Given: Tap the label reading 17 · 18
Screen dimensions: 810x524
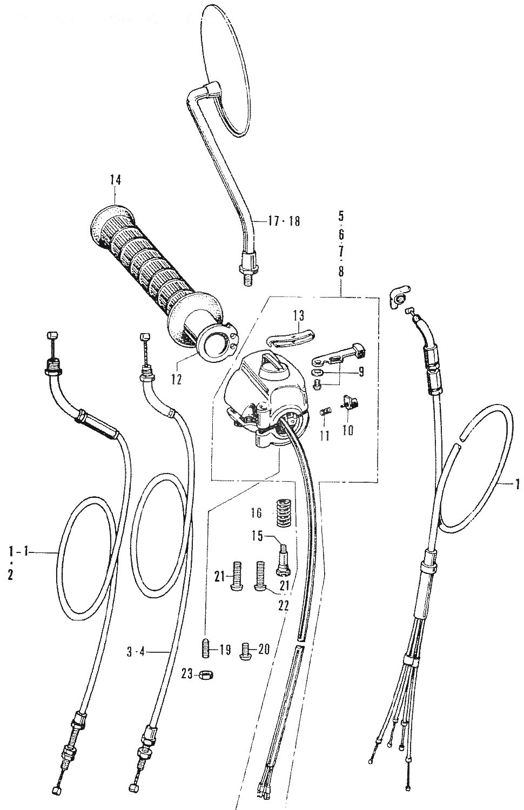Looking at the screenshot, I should [285, 221].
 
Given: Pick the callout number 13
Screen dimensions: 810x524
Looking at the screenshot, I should [299, 315].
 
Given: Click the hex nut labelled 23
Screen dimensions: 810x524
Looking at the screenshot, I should [205, 674].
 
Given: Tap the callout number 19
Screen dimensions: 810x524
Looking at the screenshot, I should [226, 650].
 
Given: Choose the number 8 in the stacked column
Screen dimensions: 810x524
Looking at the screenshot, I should [341, 272].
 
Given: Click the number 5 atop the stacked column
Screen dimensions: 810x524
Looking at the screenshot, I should [341, 219].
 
